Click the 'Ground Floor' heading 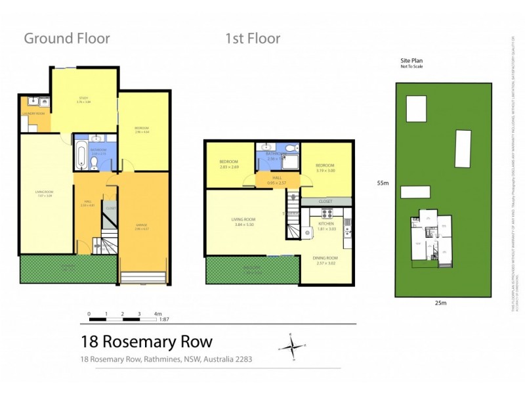67,38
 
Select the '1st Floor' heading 253,38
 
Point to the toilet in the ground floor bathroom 95,164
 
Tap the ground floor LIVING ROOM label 45,193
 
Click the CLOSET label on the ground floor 111,208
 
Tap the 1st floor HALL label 278,178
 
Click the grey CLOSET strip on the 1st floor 325,201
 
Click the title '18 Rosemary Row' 146,341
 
